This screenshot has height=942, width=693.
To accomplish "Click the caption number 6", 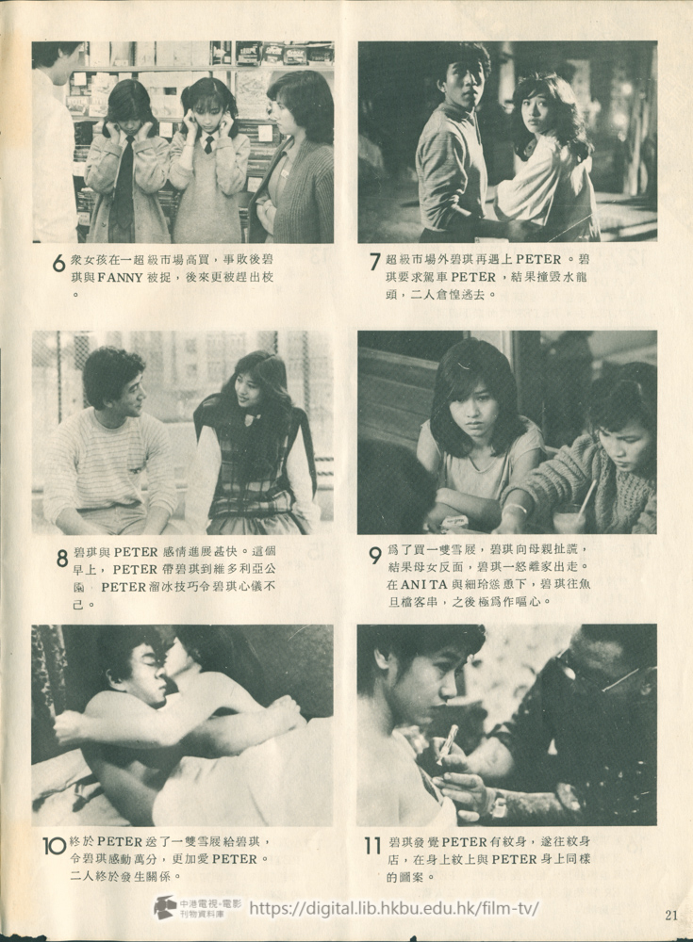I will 58,265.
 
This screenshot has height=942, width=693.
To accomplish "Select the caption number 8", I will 61,559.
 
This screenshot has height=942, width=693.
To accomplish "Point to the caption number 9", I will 375,556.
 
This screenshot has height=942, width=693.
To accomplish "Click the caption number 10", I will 54,846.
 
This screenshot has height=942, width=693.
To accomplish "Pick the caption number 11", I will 372,846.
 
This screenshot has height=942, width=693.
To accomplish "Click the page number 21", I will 670,914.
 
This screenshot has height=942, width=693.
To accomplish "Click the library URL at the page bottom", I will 394,908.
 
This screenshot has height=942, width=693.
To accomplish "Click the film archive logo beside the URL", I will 165,907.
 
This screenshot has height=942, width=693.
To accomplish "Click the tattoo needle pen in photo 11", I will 446,743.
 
